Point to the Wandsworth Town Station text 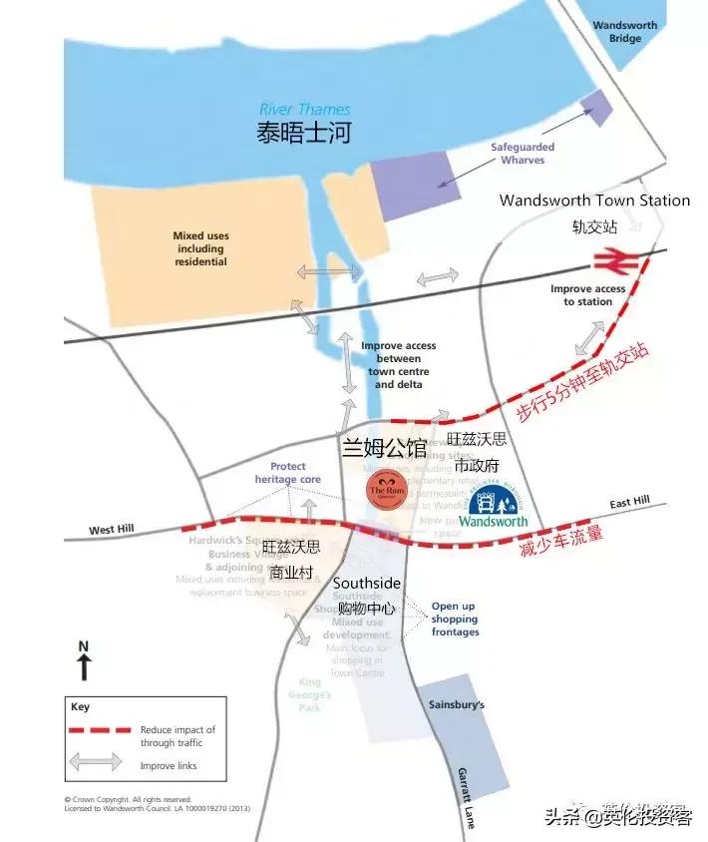pyautogui.click(x=594, y=201)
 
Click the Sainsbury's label pyautogui.click(x=457, y=704)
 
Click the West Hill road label pyautogui.click(x=110, y=530)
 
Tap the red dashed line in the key pyautogui.click(x=100, y=730)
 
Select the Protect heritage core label pyautogui.click(x=288, y=473)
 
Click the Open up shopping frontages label pyautogui.click(x=455, y=619)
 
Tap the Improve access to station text pyautogui.click(x=588, y=295)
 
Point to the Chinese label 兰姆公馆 pyautogui.click(x=384, y=448)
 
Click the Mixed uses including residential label pyautogui.click(x=201, y=249)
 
